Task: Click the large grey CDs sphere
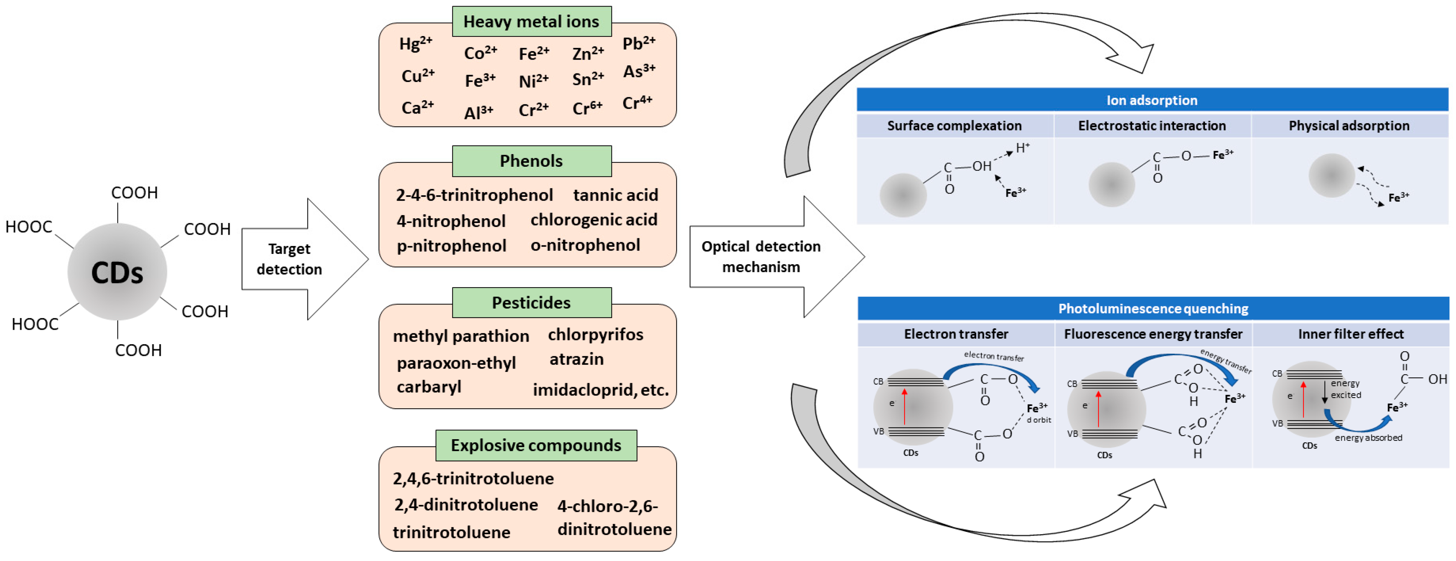(x=117, y=272)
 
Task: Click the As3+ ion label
(x=639, y=72)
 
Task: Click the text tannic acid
(x=615, y=195)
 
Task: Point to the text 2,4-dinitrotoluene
(x=466, y=504)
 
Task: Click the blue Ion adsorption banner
(x=1151, y=100)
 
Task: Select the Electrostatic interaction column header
(x=1151, y=126)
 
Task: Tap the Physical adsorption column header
(x=1349, y=126)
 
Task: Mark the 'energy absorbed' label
(x=1368, y=438)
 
